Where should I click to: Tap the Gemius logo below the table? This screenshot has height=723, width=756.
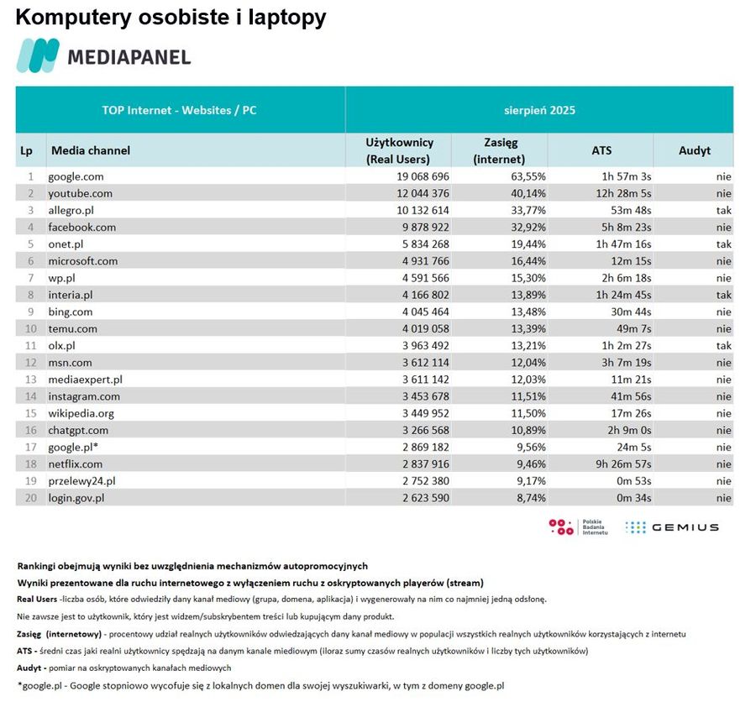pyautogui.click(x=672, y=527)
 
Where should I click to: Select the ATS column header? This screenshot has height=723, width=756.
pyautogui.click(x=601, y=151)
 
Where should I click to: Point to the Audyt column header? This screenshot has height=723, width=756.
pyautogui.click(x=694, y=151)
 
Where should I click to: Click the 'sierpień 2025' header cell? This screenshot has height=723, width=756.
pyautogui.click(x=539, y=110)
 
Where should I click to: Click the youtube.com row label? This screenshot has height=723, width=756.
pyautogui.click(x=81, y=194)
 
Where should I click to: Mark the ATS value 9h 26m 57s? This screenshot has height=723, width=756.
pyautogui.click(x=621, y=464)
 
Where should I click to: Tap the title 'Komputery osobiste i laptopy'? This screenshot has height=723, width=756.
pyautogui.click(x=171, y=18)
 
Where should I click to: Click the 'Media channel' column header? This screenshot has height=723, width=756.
pyautogui.click(x=91, y=151)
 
